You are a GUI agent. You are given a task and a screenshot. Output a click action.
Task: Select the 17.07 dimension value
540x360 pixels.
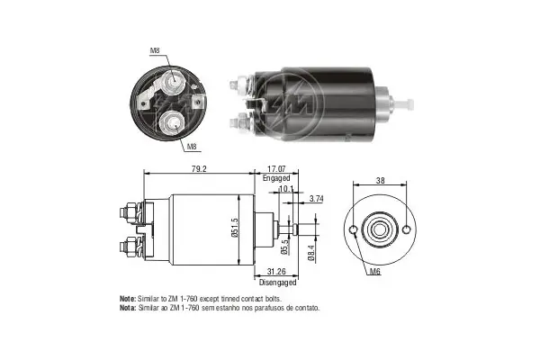point(277,166)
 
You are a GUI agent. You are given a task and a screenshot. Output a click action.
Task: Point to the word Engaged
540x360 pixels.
point(276,178)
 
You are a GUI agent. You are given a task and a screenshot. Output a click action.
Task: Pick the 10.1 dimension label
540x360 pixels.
point(286,190)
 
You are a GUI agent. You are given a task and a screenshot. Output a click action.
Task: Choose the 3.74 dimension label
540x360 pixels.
point(317,197)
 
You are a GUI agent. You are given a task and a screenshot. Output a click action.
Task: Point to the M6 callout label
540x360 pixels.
point(373,270)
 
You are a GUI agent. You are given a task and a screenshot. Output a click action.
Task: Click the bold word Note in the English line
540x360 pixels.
point(127,298)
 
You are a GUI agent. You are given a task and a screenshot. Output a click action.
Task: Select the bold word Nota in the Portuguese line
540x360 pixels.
point(127,307)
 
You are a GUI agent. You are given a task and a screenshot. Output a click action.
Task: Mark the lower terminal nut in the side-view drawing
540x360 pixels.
point(129,244)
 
